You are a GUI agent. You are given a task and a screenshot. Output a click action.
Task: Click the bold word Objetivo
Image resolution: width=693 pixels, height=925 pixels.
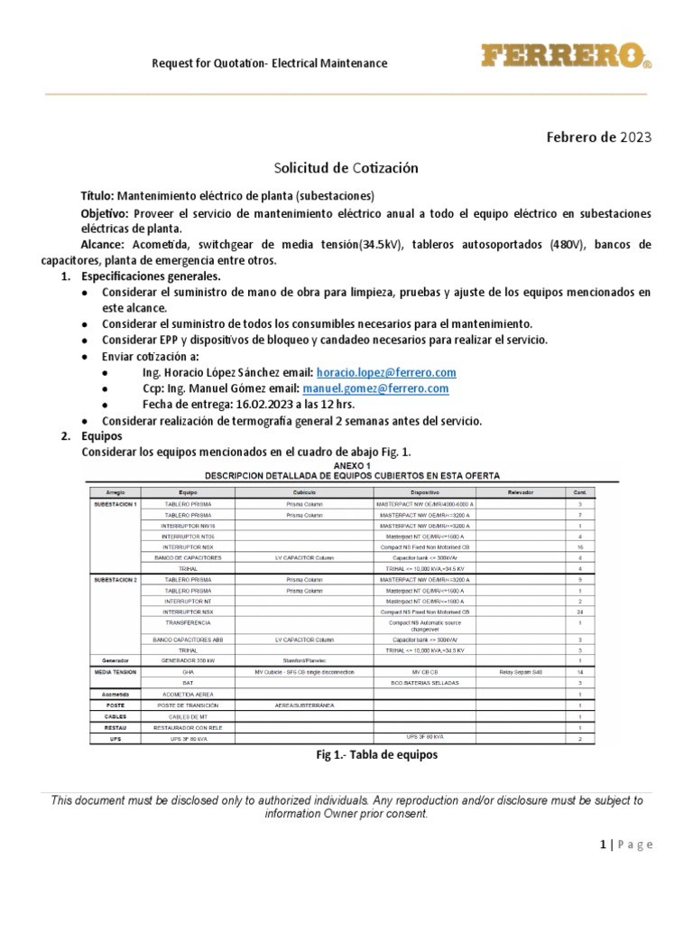pos(106,213)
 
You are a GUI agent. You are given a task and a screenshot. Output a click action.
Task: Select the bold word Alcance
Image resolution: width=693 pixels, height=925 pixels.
pos(104,245)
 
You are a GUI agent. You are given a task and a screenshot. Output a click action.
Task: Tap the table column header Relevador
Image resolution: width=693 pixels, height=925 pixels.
pos(523,491)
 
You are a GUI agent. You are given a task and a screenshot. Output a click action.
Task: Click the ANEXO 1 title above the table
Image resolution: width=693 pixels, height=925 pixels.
pos(346,465)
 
